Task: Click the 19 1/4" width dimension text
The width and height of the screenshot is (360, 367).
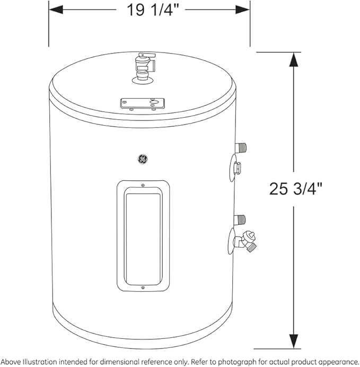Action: click(149, 10)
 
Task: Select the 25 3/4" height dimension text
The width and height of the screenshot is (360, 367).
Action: click(296, 188)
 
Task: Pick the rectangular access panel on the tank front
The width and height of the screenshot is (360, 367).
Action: click(143, 237)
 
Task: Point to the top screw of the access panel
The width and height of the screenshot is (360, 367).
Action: click(143, 185)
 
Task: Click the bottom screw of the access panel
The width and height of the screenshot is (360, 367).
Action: click(143, 288)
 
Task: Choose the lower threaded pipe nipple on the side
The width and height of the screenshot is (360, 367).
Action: click(241, 219)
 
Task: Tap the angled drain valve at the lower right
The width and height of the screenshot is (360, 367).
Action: click(247, 241)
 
